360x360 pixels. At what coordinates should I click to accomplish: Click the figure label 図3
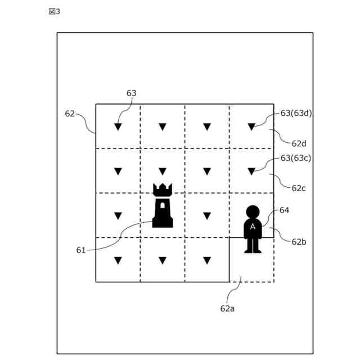coord(54,12)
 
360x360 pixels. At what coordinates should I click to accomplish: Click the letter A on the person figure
coord(253,226)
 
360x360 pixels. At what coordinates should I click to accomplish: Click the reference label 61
coord(81,250)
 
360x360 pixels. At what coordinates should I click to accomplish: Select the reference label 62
coord(70,114)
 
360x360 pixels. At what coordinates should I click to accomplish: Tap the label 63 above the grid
coord(131,93)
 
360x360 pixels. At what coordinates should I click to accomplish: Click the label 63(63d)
coord(296,113)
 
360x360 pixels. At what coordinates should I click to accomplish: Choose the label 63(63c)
coord(296,158)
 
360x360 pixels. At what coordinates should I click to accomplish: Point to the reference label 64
coord(284,210)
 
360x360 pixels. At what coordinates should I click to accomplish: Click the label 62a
coord(228,308)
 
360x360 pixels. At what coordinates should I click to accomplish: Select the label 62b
coord(299,241)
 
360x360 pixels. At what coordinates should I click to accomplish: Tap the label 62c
coord(299,187)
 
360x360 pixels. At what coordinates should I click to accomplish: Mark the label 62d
coord(299,143)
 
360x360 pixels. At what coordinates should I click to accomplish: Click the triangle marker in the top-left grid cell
coord(118,127)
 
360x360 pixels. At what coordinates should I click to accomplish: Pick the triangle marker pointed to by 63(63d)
coord(251,127)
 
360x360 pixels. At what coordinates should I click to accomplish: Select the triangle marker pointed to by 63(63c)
coord(251,171)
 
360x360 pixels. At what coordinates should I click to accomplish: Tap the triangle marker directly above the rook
coord(163,171)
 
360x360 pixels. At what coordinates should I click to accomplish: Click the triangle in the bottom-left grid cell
coord(118,260)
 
